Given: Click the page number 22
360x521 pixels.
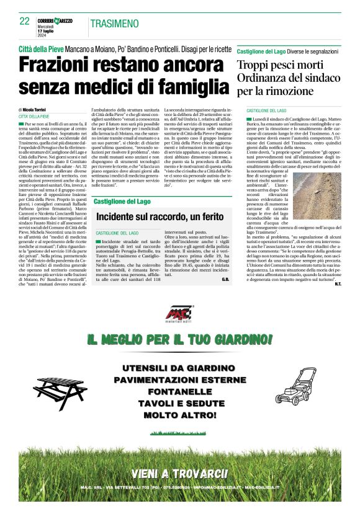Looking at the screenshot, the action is point(25,20).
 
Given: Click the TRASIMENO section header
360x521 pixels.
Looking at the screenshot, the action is point(114,24).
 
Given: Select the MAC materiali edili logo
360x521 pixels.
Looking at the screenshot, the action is point(180,315).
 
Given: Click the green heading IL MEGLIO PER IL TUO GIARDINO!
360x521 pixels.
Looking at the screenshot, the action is point(179,340).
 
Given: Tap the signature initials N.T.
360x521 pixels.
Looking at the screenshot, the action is point(337,284).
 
